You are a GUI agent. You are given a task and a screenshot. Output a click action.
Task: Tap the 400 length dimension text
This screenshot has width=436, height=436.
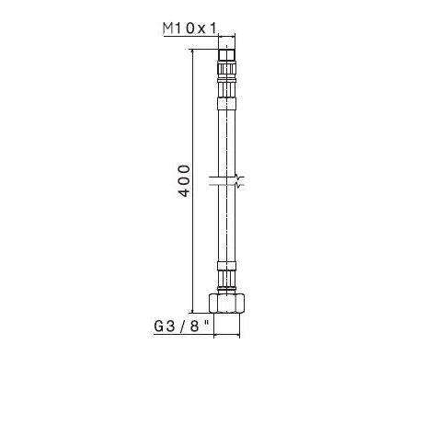(x=184, y=182)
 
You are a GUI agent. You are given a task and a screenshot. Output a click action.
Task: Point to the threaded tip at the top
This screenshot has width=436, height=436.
(x=226, y=53)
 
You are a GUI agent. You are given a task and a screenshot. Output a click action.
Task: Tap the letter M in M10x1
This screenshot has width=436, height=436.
(x=166, y=29)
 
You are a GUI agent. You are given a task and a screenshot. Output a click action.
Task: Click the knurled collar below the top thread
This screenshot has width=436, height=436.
(x=226, y=68)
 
